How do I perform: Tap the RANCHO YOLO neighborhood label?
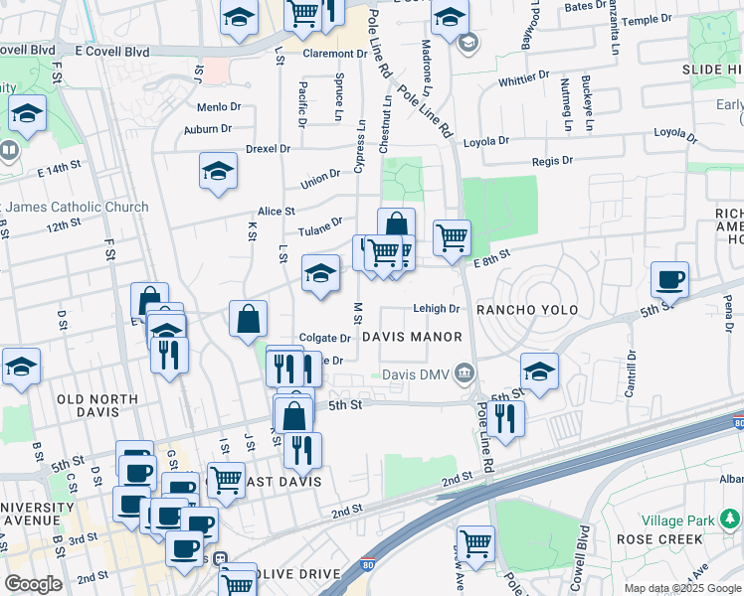527,310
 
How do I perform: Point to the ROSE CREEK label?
659,539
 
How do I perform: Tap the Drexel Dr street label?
268,149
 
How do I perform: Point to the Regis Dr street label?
553,160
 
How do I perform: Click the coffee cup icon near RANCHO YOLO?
669,280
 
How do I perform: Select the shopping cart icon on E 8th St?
452,238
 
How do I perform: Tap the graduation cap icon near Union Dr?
218,172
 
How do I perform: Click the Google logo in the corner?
33,583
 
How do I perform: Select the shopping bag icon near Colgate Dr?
248,319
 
